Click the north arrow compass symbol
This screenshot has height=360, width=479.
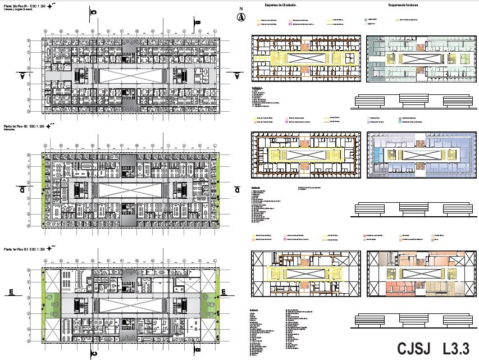[240, 16]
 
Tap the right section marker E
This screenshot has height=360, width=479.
[223, 291]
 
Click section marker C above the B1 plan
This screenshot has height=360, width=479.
[94, 12]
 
